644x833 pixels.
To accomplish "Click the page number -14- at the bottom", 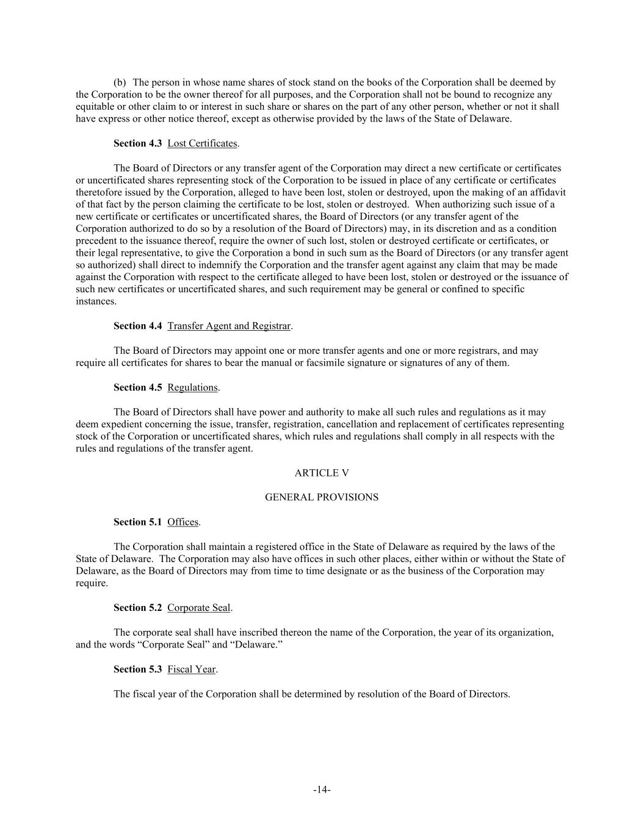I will pyautogui.click(x=322, y=790).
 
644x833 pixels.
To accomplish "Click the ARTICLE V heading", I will pyautogui.click(x=322, y=473).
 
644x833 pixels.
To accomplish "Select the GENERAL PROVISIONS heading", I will pyautogui.click(x=322, y=497).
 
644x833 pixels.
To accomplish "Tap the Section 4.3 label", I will pyautogui.click(x=137, y=143).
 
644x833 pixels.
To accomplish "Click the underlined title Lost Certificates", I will pyautogui.click(x=202, y=143).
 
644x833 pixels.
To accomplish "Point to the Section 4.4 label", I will pyautogui.click(x=137, y=326).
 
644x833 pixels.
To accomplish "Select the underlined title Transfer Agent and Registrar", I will pyautogui.click(x=229, y=326).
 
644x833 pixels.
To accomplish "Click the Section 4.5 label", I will pyautogui.click(x=137, y=388).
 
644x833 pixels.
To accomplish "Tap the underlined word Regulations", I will pyautogui.click(x=192, y=388).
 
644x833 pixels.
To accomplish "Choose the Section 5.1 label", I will pyautogui.click(x=137, y=522).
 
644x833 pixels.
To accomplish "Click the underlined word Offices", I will pyautogui.click(x=183, y=522).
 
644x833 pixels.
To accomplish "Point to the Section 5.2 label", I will pyautogui.click(x=137, y=608).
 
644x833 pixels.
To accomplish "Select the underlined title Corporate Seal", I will pyautogui.click(x=198, y=608).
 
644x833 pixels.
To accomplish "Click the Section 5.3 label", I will pyautogui.click(x=137, y=669).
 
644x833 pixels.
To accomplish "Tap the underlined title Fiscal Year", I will pyautogui.click(x=191, y=669).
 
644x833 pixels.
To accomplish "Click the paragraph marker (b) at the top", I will pyautogui.click(x=120, y=82).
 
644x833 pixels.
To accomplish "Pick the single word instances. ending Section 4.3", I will pyautogui.click(x=96, y=301).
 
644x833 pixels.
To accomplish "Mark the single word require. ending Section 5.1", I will pyautogui.click(x=92, y=583).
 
